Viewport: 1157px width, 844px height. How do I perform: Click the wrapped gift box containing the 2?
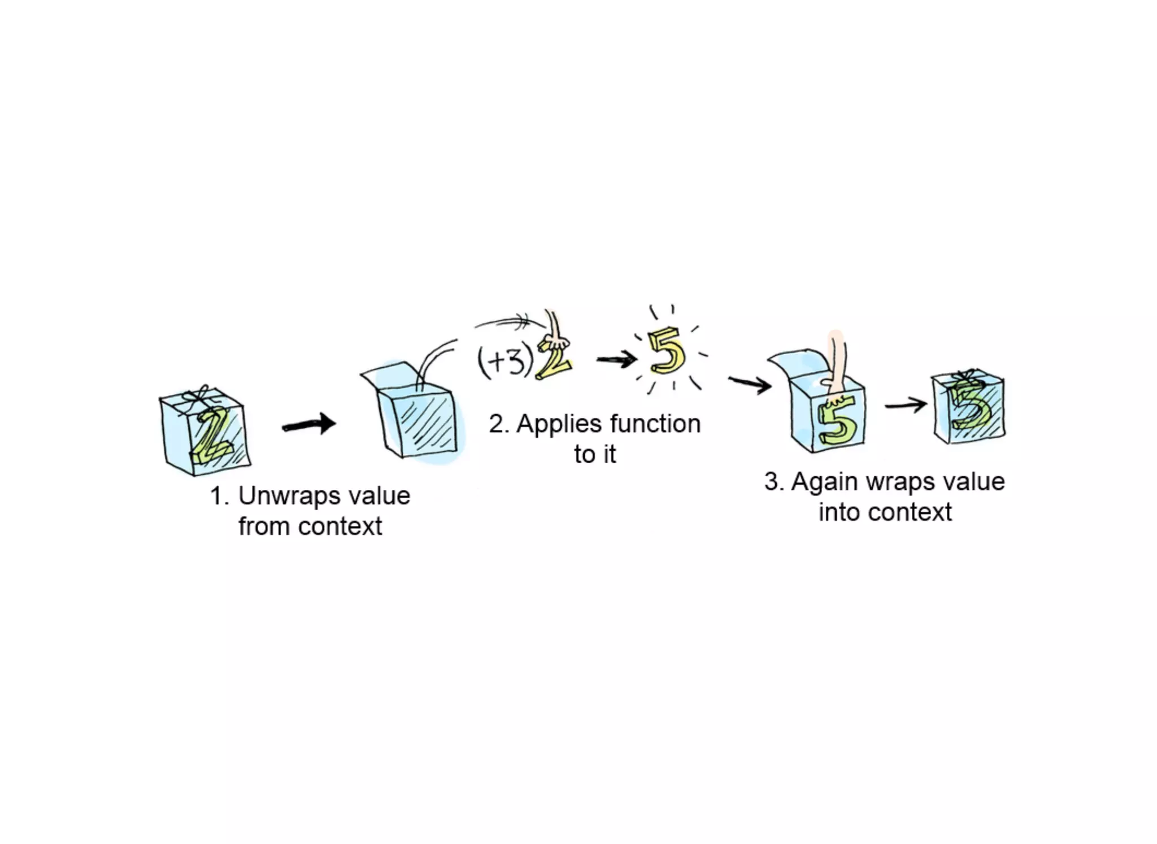(205, 432)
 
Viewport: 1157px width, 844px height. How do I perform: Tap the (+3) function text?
(504, 362)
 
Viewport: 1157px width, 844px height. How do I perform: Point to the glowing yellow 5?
(667, 352)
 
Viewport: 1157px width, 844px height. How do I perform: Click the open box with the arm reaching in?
(828, 412)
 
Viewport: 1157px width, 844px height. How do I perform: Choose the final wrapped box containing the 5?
(968, 408)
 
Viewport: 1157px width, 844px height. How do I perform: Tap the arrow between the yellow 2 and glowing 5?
(616, 359)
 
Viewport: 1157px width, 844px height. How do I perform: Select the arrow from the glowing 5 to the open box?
(750, 384)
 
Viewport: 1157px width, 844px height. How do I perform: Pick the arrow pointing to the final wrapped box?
(906, 405)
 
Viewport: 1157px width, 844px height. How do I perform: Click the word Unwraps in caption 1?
(289, 497)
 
